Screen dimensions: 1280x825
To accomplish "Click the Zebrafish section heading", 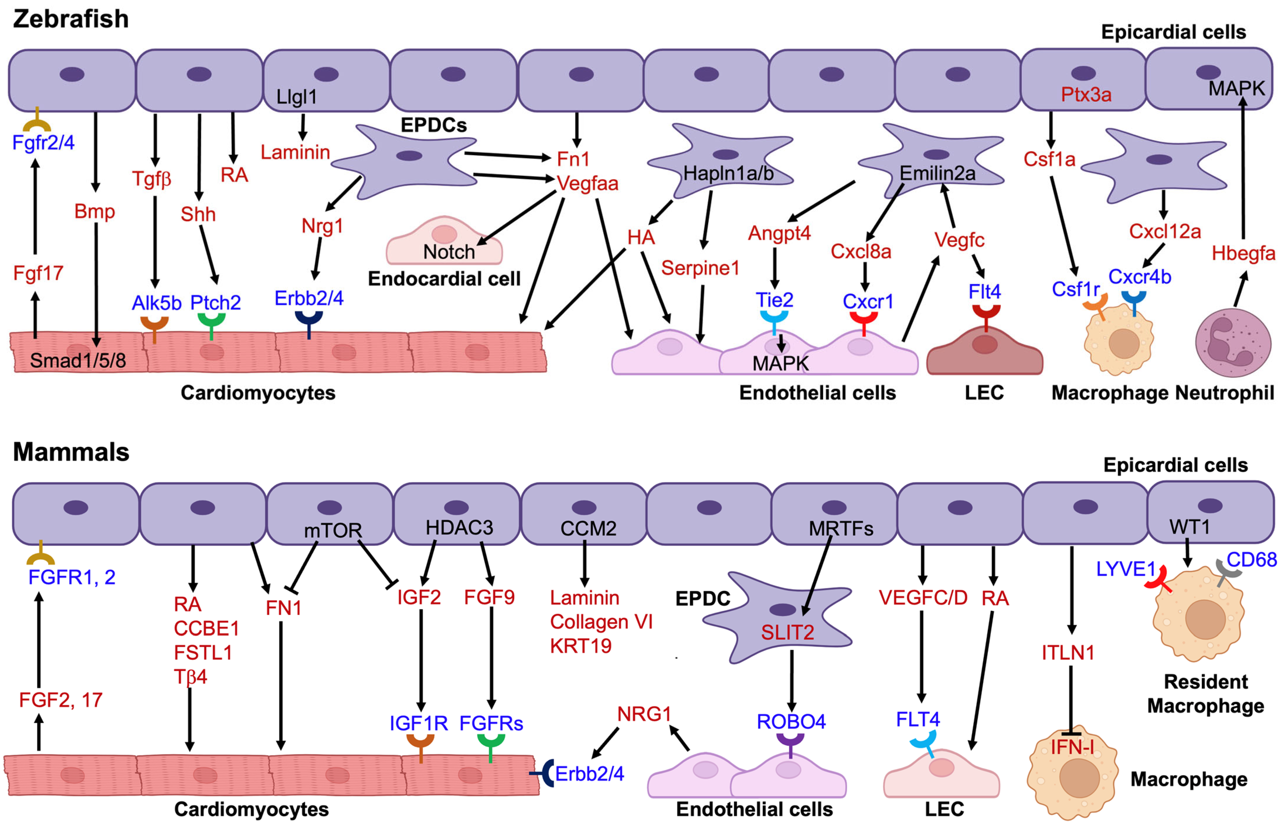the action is click(71, 19).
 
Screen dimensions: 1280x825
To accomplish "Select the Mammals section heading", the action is click(71, 452).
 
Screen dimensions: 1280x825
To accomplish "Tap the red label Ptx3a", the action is click(1086, 95).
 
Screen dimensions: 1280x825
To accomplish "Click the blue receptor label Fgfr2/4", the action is click(43, 143).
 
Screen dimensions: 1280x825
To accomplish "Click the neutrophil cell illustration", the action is click(1233, 343).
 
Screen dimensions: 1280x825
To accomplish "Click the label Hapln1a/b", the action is click(728, 174).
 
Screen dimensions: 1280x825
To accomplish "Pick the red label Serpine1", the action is click(700, 268).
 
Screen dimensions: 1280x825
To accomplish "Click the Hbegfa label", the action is click(1243, 253).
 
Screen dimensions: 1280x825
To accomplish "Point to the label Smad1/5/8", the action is click(78, 361).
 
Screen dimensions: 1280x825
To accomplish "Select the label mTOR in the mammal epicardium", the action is click(333, 530).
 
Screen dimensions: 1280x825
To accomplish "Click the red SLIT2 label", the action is click(787, 633).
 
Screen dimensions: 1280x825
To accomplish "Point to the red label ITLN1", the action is click(1068, 653).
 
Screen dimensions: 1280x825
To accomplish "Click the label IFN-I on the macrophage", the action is click(1072, 747).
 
